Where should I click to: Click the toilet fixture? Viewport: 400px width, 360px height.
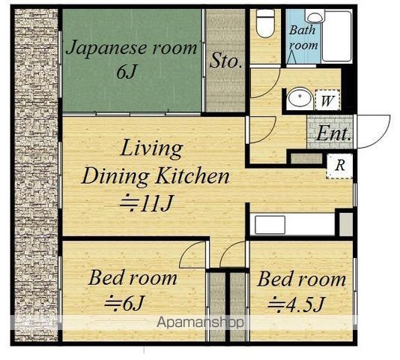[x=265, y=23]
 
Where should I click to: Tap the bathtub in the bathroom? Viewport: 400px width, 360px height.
[x=337, y=36]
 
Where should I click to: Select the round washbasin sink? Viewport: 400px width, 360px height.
[x=300, y=98]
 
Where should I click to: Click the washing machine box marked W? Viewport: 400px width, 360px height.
[x=327, y=100]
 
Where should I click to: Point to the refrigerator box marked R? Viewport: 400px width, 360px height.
[x=339, y=166]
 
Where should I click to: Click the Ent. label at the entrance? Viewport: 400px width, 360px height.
[x=333, y=133]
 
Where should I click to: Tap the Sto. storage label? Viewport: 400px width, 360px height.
[x=225, y=60]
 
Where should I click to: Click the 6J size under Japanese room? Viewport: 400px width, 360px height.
[x=127, y=72]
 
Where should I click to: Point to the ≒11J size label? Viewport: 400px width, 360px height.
[x=147, y=203]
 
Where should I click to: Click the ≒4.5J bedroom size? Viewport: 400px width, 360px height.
[x=296, y=304]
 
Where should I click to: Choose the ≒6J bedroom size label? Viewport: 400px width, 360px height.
[x=124, y=303]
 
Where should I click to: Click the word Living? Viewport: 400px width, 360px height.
[x=151, y=148]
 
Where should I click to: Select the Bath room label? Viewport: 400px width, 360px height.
[x=303, y=37]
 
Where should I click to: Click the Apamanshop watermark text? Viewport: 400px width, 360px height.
[x=200, y=322]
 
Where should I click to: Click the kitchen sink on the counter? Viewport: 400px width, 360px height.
[x=270, y=224]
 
